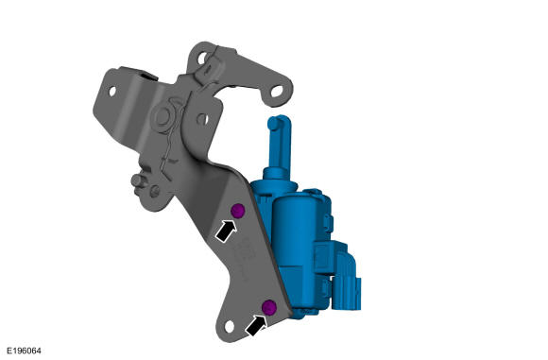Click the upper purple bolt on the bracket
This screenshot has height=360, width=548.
coord(238,211)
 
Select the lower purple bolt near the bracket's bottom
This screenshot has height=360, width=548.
coord(269,307)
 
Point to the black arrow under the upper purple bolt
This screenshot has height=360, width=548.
coord(226,231)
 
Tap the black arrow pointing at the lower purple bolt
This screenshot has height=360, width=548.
coord(256,326)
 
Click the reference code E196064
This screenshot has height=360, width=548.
coord(24,351)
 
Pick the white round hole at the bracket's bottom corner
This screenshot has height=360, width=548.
coord(229,326)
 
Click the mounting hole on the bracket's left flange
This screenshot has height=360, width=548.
coord(112,91)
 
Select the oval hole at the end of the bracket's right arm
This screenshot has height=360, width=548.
coord(277,92)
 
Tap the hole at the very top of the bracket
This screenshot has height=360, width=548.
coord(201,58)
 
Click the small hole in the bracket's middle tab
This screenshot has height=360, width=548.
coord(202,119)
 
